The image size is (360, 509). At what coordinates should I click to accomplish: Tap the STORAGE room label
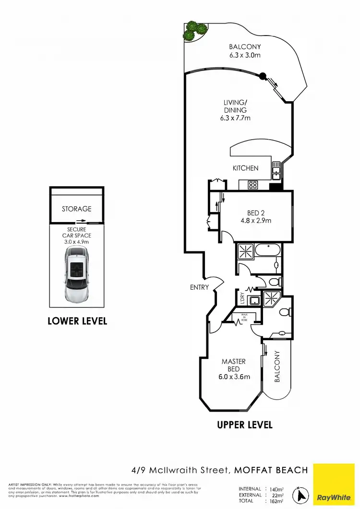click(x=76, y=209)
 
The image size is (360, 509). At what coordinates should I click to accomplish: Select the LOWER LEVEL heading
click(x=77, y=321)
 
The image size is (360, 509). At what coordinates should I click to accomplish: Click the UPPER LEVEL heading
click(x=245, y=425)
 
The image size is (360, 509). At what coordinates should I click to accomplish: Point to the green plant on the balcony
click(x=194, y=31)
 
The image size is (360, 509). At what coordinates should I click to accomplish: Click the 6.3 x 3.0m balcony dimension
click(x=245, y=55)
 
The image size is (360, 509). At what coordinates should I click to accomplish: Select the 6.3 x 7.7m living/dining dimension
click(x=235, y=118)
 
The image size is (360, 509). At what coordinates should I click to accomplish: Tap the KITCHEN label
click(x=246, y=168)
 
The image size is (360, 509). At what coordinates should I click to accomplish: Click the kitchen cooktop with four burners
click(x=253, y=185)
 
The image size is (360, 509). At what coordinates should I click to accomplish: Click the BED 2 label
click(x=256, y=213)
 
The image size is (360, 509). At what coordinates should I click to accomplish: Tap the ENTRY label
click(x=200, y=287)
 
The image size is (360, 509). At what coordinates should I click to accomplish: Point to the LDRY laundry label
click(x=243, y=299)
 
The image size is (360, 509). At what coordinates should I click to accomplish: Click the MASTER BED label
click(x=234, y=365)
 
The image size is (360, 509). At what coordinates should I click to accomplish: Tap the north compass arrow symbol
click(x=301, y=493)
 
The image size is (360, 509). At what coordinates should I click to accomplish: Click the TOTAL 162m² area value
click(x=276, y=501)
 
